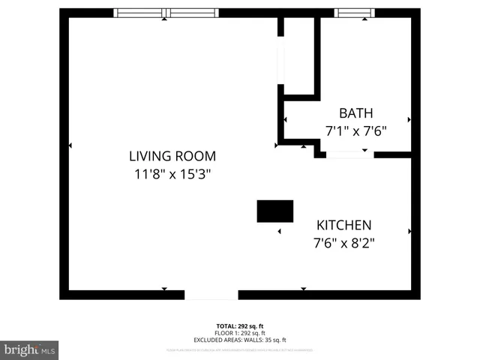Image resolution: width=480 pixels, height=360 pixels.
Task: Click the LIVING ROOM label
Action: click(172, 156)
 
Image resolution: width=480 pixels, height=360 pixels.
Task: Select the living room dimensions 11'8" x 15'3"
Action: click(172, 174)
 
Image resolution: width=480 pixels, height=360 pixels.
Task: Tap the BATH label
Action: click(355, 113)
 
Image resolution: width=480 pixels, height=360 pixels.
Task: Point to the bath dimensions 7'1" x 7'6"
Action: click(355, 130)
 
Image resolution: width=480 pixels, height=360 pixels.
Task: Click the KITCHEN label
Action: click(343, 225)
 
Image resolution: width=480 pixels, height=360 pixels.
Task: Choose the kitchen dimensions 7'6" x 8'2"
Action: click(343, 242)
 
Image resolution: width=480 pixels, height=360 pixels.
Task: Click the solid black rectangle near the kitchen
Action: click(275, 211)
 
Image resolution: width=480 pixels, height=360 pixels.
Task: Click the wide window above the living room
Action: click(166, 13)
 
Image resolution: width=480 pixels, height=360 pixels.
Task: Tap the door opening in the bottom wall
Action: click(211, 295)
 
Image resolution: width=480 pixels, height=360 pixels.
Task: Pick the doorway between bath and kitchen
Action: click(349, 154)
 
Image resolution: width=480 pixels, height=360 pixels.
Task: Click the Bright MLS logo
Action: click(29, 349)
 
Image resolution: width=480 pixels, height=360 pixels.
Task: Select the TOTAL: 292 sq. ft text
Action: click(240, 326)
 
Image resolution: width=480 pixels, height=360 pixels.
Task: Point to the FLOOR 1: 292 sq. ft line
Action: click(240, 333)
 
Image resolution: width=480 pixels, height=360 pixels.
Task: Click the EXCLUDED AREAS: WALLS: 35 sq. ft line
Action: click(240, 340)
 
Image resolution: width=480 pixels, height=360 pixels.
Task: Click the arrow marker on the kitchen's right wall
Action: click(409, 231)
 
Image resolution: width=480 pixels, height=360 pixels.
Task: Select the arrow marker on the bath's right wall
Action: click(409, 119)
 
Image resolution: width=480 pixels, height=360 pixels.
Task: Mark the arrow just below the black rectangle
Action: click(280, 231)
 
